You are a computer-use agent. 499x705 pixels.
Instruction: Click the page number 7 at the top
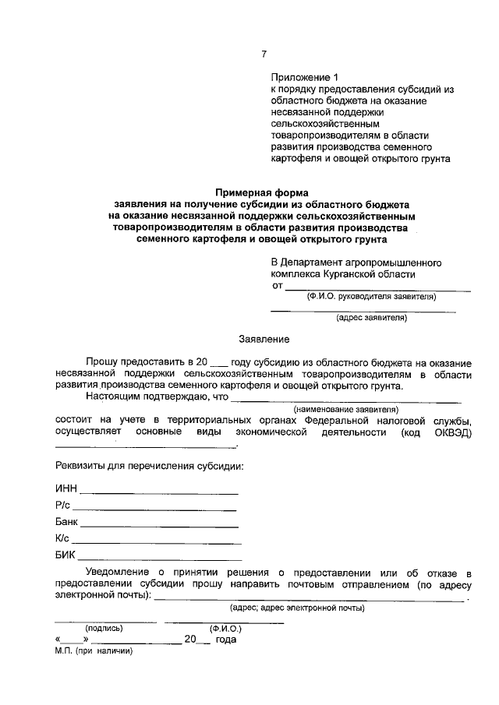[x=264, y=54]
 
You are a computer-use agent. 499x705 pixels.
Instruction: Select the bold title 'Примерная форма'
[x=262, y=191]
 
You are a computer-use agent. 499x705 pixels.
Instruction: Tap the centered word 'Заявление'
[x=264, y=339]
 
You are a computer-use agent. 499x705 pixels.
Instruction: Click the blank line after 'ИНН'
[x=159, y=493]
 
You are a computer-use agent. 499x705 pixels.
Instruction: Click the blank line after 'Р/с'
[x=154, y=509]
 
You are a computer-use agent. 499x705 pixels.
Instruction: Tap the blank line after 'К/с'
[x=157, y=542]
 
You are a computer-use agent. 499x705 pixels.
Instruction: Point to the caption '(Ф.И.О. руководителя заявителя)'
[x=371, y=297]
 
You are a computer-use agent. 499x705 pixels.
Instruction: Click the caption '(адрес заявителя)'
[x=370, y=317]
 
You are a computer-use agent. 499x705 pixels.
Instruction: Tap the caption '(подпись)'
[x=104, y=627]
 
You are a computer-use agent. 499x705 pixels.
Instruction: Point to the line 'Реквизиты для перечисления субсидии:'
[x=149, y=466]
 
